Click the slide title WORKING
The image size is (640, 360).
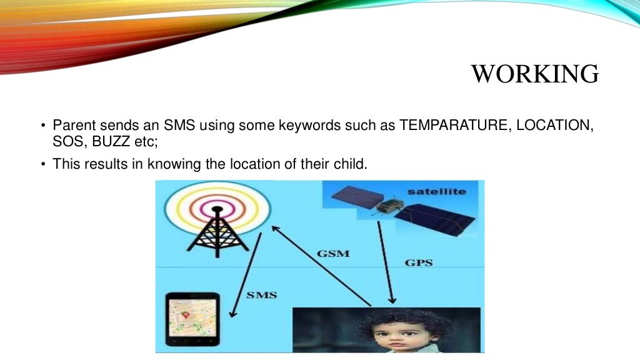pos(534,74)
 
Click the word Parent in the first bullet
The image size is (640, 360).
pos(73,124)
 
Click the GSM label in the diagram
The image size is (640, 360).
pos(333,254)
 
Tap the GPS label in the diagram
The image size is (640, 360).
pos(418,262)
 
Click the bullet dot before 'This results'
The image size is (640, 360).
pos(44,164)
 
